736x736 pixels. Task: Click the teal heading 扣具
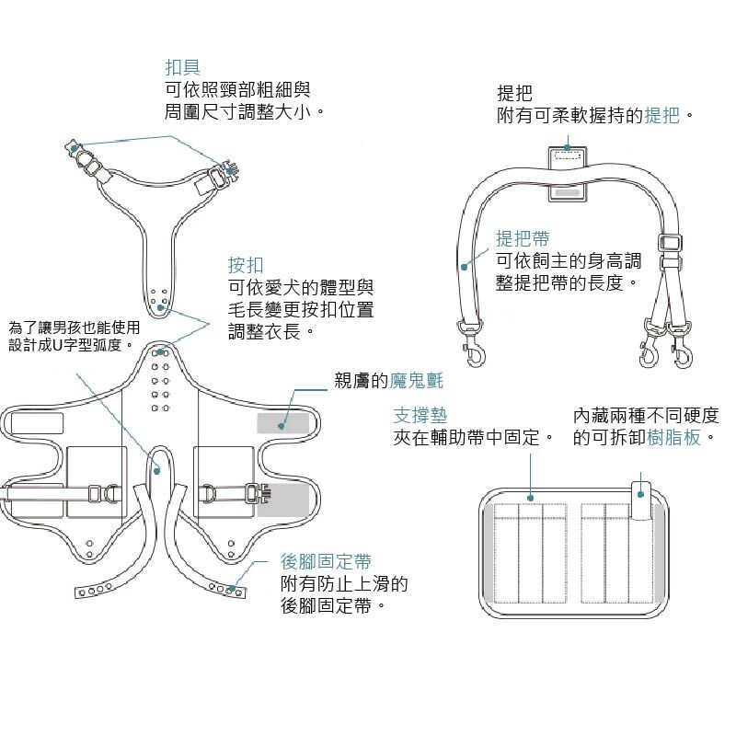click(x=182, y=68)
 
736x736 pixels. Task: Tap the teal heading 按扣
click(x=246, y=266)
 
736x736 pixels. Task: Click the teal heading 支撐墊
click(x=420, y=415)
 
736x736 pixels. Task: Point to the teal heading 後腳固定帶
click(x=326, y=561)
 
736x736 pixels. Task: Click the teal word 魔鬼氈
click(x=417, y=380)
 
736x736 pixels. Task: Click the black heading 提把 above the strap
click(x=514, y=94)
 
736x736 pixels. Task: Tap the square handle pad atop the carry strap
click(x=568, y=173)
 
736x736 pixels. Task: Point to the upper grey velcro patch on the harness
click(x=283, y=422)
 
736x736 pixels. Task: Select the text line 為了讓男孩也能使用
click(x=75, y=328)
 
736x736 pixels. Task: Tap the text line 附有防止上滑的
click(x=344, y=584)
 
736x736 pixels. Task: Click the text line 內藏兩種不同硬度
click(x=644, y=415)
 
